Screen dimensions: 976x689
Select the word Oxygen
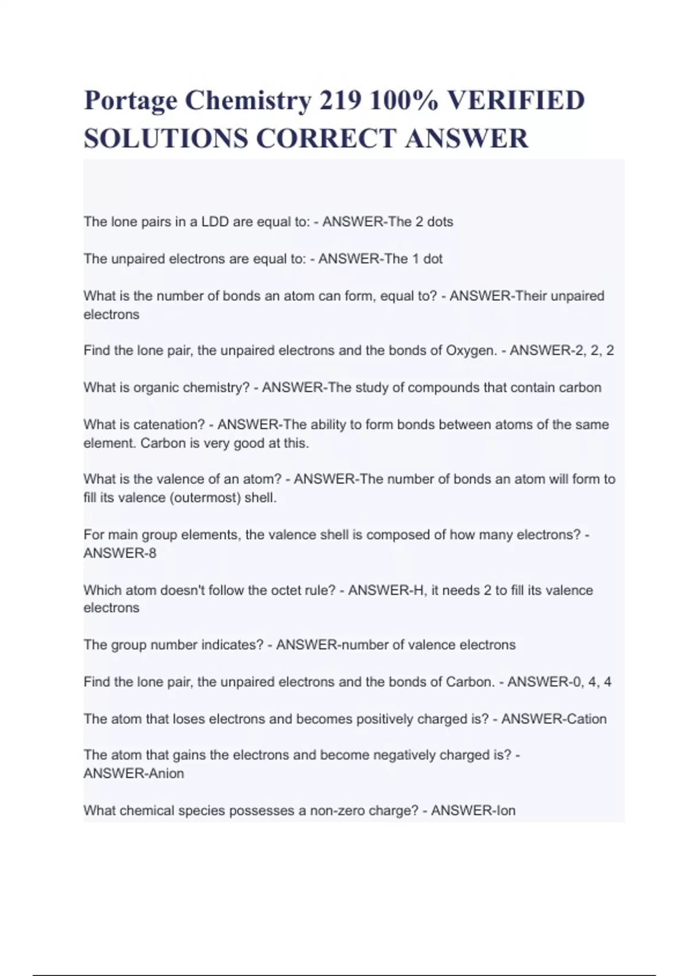(x=471, y=350)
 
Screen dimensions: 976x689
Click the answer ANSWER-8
(x=120, y=553)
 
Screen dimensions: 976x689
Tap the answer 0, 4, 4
(x=592, y=682)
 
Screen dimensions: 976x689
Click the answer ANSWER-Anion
(x=134, y=773)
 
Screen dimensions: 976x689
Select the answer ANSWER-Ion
(x=473, y=811)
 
